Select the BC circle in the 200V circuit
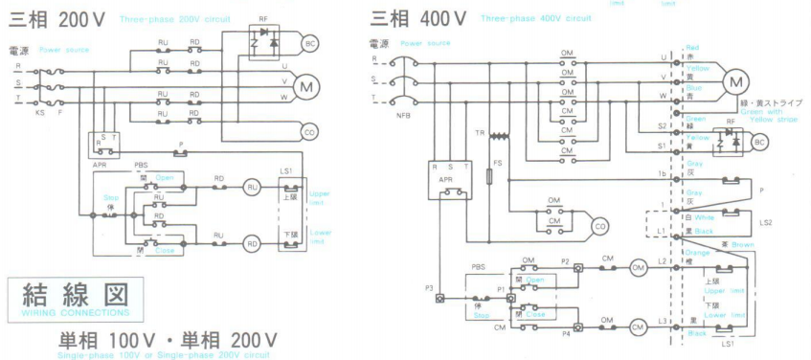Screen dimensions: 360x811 click(x=309, y=43)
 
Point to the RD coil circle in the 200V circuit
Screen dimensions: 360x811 click(x=252, y=242)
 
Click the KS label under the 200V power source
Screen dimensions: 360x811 click(x=40, y=113)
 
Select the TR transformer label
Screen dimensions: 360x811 click(x=480, y=131)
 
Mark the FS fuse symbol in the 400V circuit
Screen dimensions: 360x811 click(x=490, y=177)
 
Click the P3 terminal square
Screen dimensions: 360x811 click(x=439, y=298)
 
